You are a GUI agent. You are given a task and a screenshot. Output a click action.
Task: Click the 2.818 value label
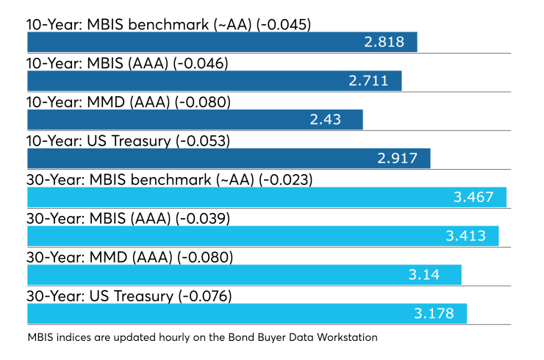384,42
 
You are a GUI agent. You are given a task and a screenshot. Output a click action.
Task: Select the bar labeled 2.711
215,81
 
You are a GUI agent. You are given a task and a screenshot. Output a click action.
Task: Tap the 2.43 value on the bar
326,120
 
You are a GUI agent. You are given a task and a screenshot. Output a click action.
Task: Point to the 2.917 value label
397,159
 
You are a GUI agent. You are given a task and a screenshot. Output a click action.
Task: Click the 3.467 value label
473,198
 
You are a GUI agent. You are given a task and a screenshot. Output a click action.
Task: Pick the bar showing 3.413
263,236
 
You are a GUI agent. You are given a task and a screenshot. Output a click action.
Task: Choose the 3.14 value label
424,275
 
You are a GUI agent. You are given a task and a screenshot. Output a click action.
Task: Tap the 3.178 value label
434,314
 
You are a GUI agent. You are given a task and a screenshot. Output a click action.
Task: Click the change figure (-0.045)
284,25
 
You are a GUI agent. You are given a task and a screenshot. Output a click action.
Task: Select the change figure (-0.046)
200,64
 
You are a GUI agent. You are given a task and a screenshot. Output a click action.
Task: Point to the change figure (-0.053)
203,142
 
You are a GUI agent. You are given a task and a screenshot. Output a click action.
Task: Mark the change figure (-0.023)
285,180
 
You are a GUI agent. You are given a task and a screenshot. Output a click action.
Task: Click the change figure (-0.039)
203,219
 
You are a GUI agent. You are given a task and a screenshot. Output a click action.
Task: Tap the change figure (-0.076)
204,297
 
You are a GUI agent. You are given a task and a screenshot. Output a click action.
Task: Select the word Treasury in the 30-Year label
143,298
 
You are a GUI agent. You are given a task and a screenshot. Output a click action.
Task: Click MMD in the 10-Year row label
105,102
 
